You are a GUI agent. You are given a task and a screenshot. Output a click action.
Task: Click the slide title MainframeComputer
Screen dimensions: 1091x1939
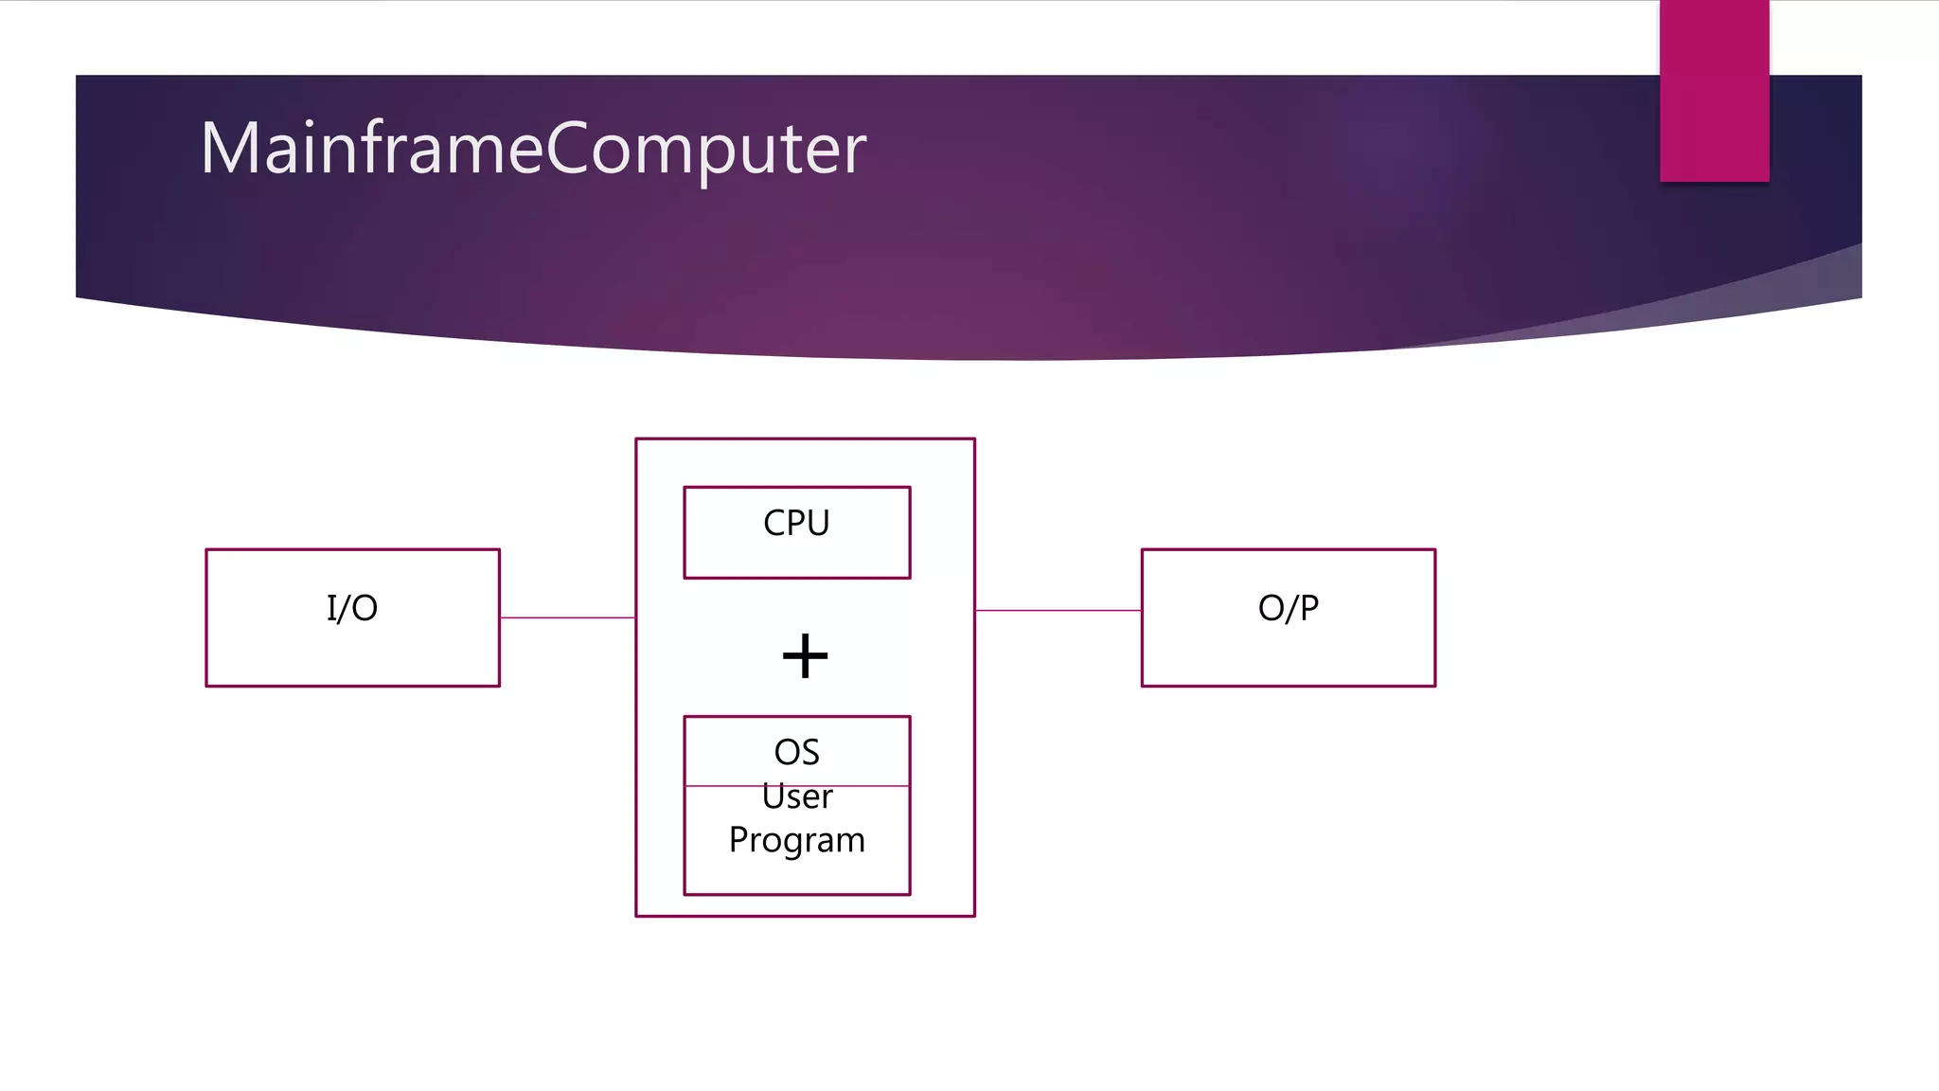click(533, 149)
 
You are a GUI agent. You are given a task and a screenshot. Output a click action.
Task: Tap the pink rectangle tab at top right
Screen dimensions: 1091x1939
click(1714, 91)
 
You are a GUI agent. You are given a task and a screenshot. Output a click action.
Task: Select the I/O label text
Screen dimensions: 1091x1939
click(352, 608)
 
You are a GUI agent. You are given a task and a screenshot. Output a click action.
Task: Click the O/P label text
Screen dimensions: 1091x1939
click(1288, 608)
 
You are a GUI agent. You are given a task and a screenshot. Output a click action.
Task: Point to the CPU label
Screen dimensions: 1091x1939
click(796, 523)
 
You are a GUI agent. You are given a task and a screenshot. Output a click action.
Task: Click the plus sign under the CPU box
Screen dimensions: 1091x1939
click(805, 656)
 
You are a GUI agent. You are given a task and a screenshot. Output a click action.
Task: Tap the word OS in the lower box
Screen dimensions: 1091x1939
click(796, 752)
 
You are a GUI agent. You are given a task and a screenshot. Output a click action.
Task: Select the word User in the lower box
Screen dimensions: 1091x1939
click(797, 797)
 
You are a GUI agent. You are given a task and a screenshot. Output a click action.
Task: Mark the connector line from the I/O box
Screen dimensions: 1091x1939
click(567, 617)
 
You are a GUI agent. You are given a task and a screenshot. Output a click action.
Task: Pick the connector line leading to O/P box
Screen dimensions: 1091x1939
click(1058, 611)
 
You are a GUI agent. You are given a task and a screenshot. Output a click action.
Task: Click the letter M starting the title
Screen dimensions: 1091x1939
click(227, 149)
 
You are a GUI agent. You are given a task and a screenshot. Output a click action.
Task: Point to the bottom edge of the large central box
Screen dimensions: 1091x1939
click(805, 916)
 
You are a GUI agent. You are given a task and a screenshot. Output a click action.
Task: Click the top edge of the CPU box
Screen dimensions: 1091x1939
click(796, 488)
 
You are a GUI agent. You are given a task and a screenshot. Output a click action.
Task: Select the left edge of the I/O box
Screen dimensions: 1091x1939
click(206, 617)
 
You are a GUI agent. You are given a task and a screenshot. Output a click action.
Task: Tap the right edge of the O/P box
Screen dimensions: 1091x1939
click(1435, 617)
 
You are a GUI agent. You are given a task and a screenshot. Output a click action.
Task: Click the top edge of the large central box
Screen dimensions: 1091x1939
click(805, 438)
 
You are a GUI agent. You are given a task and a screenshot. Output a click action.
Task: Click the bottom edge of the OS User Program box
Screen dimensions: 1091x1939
click(796, 894)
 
